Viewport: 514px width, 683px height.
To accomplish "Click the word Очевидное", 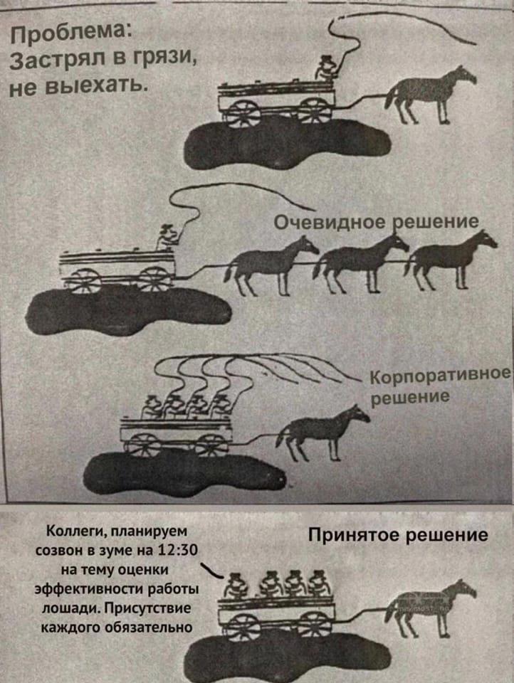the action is pyautogui.click(x=330, y=223).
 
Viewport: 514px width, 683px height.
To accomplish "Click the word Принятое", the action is pyautogui.click(x=355, y=535).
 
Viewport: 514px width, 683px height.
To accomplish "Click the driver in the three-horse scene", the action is pyautogui.click(x=167, y=238).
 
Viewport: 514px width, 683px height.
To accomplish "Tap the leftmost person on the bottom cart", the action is pyautogui.click(x=236, y=586).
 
